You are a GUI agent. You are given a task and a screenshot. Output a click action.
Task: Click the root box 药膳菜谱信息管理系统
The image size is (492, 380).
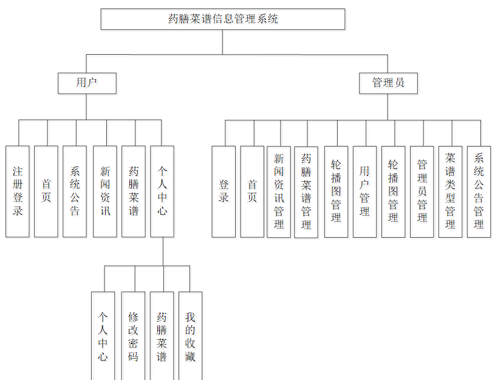tap(223, 19)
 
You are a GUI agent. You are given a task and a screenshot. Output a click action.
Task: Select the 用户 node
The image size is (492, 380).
tap(87, 83)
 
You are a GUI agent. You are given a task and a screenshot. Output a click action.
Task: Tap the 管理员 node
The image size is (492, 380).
tap(388, 83)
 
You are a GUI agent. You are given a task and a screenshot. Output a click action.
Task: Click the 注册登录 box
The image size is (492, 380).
tap(18, 192)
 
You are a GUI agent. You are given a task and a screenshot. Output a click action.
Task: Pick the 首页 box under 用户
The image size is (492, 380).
tap(46, 192)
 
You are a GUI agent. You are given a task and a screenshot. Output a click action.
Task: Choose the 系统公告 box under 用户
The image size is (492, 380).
tap(75, 192)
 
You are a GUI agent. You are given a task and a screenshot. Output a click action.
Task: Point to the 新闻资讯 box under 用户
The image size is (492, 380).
tap(105, 192)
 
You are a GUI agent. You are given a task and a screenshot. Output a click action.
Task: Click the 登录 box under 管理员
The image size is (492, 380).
tap(224, 192)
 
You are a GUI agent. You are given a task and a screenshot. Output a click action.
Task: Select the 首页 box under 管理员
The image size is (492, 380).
tap(252, 192)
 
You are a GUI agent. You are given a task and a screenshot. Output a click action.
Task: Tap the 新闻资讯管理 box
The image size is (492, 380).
tap(279, 192)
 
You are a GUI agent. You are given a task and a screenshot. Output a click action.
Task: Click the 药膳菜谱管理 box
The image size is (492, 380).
tap(306, 192)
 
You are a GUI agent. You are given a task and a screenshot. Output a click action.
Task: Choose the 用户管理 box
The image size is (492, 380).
tap(364, 192)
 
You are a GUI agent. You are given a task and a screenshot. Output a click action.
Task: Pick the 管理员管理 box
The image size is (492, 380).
tap(422, 192)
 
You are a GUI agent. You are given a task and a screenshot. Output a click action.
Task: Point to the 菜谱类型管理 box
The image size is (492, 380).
tap(450, 192)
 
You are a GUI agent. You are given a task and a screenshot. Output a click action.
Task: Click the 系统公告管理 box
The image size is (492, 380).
tap(479, 192)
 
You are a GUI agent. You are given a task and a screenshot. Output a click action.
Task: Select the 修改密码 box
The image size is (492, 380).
tap(133, 336)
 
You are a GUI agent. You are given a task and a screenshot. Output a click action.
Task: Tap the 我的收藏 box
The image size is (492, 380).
tap(190, 336)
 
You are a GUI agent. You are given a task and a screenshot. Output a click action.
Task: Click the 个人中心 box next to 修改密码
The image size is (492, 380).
tap(103, 336)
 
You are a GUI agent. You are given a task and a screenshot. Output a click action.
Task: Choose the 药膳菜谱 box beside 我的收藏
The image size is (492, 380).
tap(162, 336)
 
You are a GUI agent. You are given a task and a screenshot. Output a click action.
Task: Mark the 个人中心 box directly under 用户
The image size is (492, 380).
tap(162, 192)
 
